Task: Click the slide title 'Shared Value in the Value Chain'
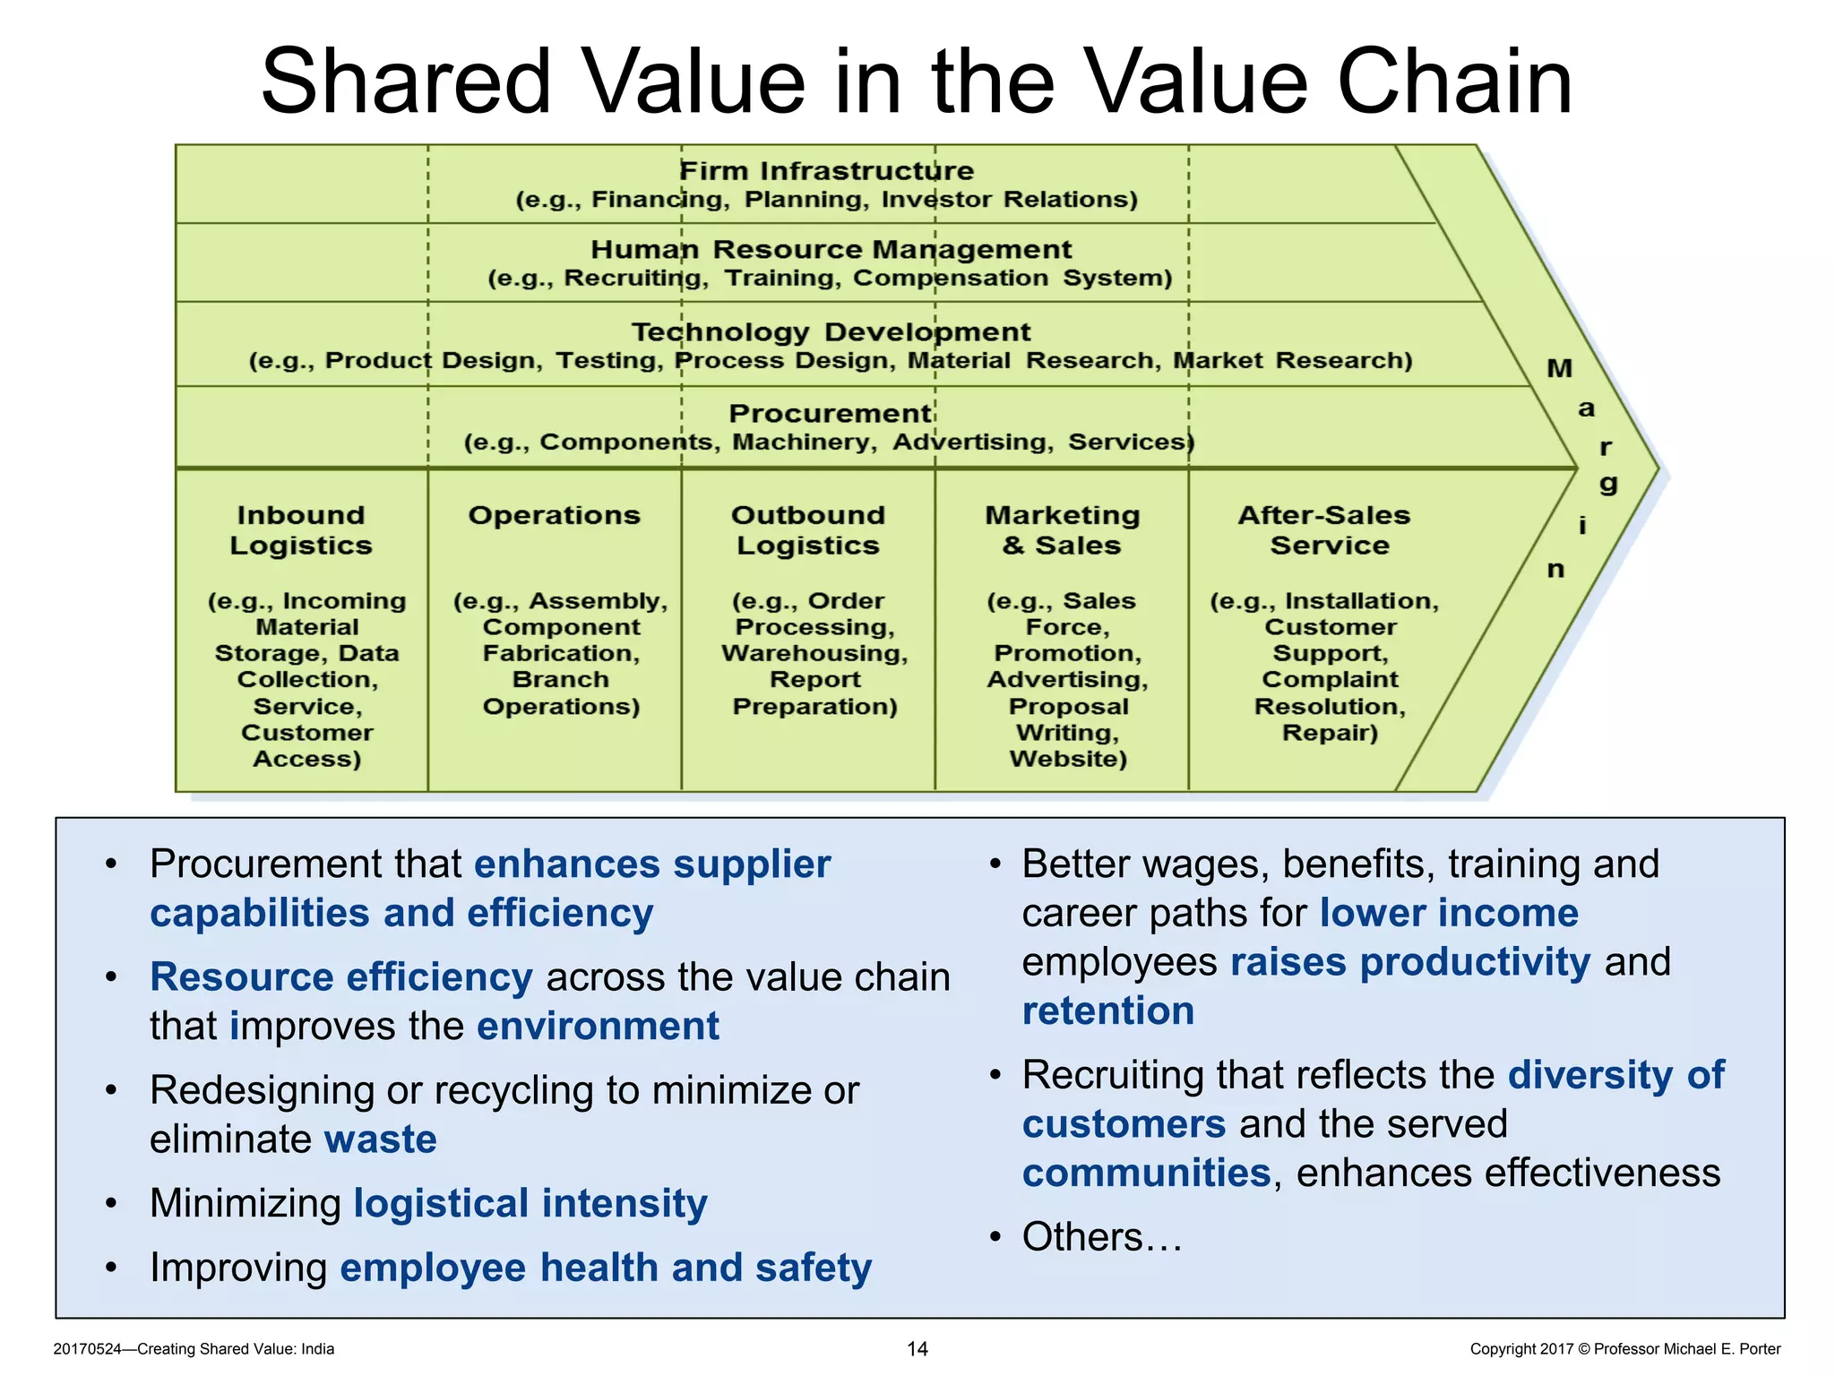(916, 82)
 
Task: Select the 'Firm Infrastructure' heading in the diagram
(826, 170)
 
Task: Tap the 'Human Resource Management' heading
(831, 249)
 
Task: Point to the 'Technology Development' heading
(831, 331)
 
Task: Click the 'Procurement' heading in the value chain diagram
(830, 413)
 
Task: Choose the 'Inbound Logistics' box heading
(301, 530)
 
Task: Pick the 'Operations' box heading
(555, 515)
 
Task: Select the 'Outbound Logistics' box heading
(808, 530)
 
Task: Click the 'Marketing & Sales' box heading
(1063, 530)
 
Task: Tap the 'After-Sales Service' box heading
(1324, 530)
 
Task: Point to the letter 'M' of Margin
(1559, 368)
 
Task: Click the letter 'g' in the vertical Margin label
(1608, 485)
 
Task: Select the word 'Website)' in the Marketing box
(1068, 759)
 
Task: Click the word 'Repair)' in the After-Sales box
(1330, 733)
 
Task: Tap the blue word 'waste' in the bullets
(380, 1139)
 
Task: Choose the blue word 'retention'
(1108, 1010)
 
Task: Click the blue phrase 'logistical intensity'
(530, 1203)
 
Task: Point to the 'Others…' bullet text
(1102, 1237)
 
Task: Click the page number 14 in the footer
(917, 1349)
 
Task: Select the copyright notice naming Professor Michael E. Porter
(1624, 1349)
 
